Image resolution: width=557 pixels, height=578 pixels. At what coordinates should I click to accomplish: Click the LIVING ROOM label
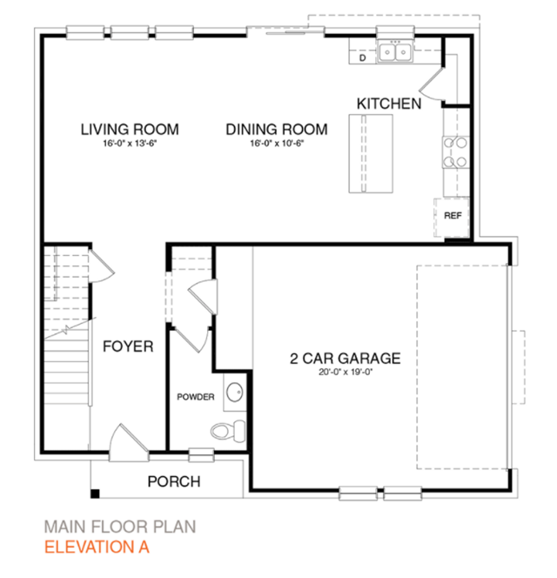pos(130,130)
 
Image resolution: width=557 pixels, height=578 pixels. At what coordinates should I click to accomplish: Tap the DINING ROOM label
pos(277,130)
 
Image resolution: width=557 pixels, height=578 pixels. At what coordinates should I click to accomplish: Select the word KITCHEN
pos(389,104)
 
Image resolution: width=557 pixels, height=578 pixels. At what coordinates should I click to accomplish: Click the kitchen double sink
pos(395,52)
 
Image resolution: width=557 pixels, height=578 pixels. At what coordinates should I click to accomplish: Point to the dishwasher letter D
pos(363,57)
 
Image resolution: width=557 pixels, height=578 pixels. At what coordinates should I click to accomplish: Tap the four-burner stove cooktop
pos(456,151)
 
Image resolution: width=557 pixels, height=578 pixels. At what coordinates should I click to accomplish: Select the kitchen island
pos(371,154)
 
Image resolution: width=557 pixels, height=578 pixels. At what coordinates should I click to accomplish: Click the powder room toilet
pos(228,430)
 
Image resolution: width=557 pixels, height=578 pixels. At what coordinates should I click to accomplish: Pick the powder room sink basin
pos(234,393)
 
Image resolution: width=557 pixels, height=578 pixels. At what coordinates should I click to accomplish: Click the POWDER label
pos(195,397)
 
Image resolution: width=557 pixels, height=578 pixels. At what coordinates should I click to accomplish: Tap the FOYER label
pos(128,346)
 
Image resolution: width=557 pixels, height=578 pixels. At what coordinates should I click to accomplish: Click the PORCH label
pos(174,481)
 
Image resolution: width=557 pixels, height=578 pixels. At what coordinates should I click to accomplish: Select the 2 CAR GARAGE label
pos(345,359)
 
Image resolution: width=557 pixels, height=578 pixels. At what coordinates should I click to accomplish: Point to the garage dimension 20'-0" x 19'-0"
pos(346,372)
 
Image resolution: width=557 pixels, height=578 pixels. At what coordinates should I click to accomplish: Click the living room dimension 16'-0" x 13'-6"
pos(130,143)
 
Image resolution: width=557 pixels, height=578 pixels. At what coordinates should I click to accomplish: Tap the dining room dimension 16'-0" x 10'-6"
pos(277,143)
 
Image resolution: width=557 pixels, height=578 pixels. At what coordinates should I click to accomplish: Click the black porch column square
pos(95,494)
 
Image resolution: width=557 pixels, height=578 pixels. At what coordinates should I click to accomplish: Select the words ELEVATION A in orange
pos(97,547)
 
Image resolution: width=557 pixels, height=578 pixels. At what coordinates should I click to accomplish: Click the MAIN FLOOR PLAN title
pos(120,527)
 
